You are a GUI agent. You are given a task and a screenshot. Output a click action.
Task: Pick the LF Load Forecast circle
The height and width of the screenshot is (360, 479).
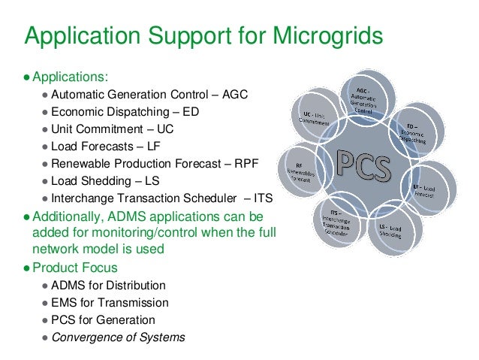coord(428,187)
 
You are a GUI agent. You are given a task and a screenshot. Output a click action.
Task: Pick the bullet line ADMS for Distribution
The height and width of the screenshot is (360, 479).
coord(110,286)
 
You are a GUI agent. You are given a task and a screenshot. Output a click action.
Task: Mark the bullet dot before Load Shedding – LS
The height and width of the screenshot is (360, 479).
coord(46,182)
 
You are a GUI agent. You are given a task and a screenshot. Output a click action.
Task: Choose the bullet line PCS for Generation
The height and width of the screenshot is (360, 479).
coord(104,320)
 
